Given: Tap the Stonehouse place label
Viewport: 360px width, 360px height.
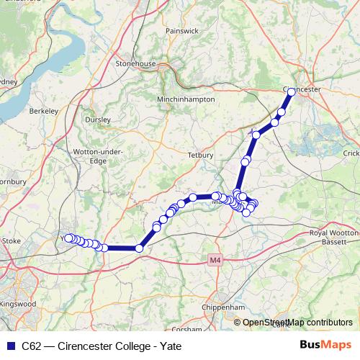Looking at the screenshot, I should pyautogui.click(x=135, y=63).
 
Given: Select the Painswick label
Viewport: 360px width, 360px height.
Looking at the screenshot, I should pyautogui.click(x=181, y=31).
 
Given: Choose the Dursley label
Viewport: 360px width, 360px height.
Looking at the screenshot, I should pyautogui.click(x=97, y=120).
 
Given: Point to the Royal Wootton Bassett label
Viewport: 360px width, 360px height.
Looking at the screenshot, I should pyautogui.click(x=333, y=237).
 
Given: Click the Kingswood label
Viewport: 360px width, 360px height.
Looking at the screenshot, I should pyautogui.click(x=20, y=305).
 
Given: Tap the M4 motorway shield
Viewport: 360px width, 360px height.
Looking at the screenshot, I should pyautogui.click(x=214, y=259).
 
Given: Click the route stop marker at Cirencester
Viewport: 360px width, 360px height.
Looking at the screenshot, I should pyautogui.click(x=291, y=92).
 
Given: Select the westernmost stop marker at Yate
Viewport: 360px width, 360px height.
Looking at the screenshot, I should pyautogui.click(x=68, y=238).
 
